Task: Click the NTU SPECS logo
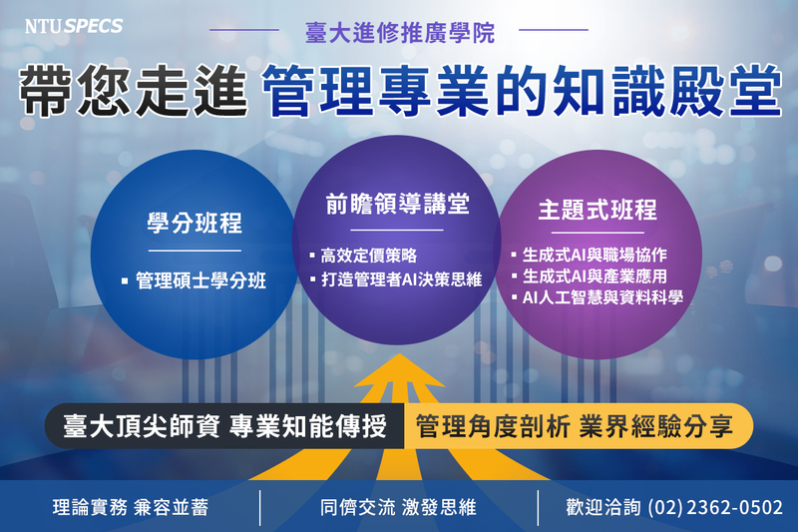coord(74,26)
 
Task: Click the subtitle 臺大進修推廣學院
coord(400,33)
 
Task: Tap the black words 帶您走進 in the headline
coord(134,91)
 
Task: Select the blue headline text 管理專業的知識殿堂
coord(522,91)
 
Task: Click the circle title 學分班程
coord(195,223)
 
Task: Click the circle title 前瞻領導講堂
coord(397,204)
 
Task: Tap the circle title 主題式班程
coord(598,210)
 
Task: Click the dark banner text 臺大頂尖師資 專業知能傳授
coord(225,426)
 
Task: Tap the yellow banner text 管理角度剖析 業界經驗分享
coord(575,426)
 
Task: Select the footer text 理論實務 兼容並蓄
coord(131,507)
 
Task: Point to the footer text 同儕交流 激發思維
coord(398,507)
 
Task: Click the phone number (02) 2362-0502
coord(715,507)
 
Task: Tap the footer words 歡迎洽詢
coord(603,507)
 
